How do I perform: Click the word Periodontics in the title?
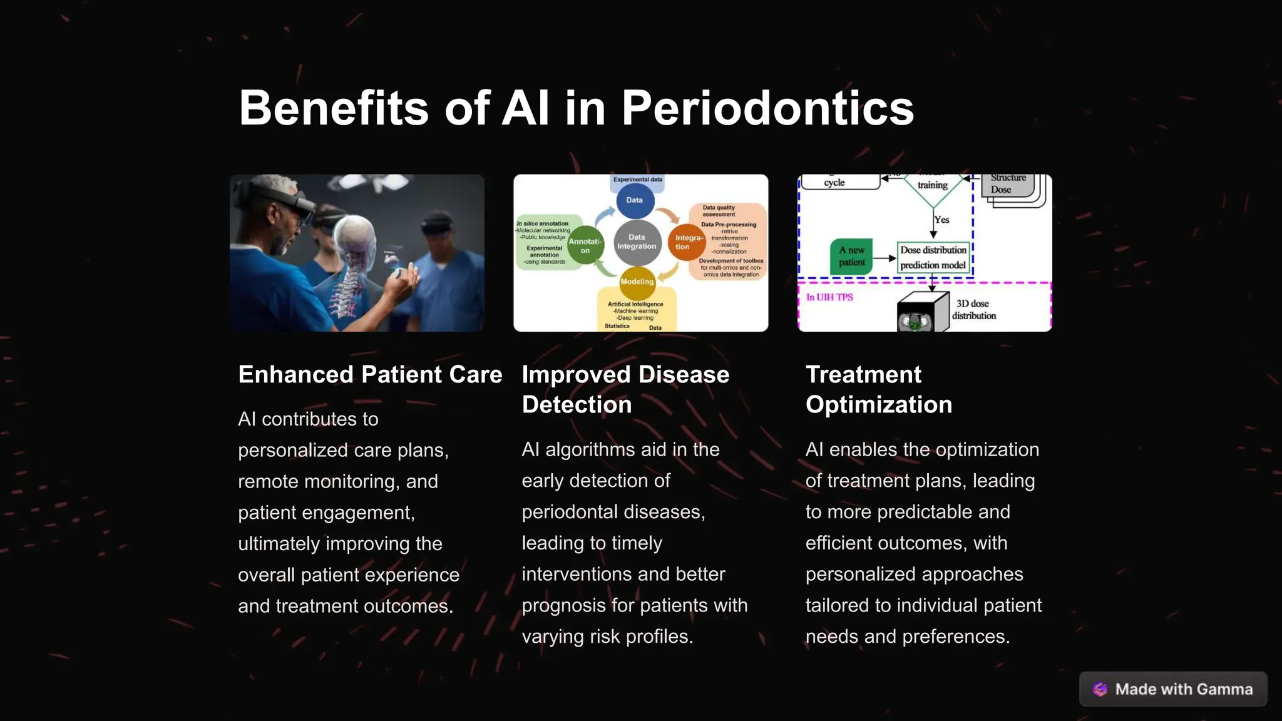(767, 108)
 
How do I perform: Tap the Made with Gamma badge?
(1173, 689)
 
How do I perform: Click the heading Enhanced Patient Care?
(370, 374)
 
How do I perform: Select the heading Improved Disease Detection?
(625, 389)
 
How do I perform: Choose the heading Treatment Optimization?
(878, 389)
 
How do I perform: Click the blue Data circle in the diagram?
(635, 200)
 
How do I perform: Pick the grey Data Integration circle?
(637, 242)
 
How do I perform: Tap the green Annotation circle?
(585, 245)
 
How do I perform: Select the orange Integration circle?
(687, 242)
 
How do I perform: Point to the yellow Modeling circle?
(637, 282)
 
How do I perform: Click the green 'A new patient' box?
(851, 256)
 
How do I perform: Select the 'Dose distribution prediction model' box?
(933, 257)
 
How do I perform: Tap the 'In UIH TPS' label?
(829, 297)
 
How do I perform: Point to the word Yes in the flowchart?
(941, 220)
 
